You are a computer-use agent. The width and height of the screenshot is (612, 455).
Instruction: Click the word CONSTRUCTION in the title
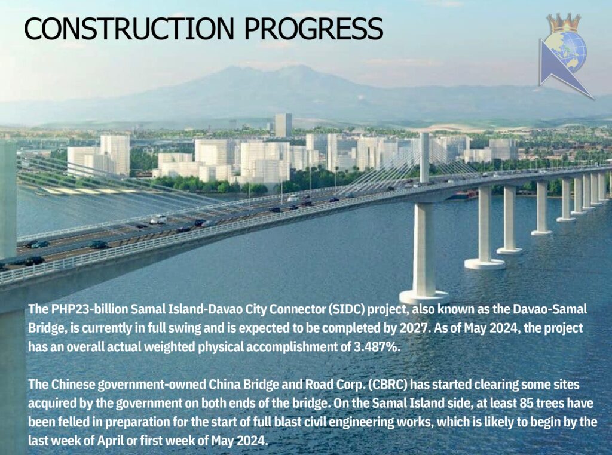click(x=130, y=28)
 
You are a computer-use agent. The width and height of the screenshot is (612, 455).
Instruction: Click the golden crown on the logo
click(x=564, y=23)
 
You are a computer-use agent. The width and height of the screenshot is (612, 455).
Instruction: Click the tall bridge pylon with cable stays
click(x=424, y=158)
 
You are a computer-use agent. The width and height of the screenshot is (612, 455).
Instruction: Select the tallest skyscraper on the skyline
click(x=283, y=125)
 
